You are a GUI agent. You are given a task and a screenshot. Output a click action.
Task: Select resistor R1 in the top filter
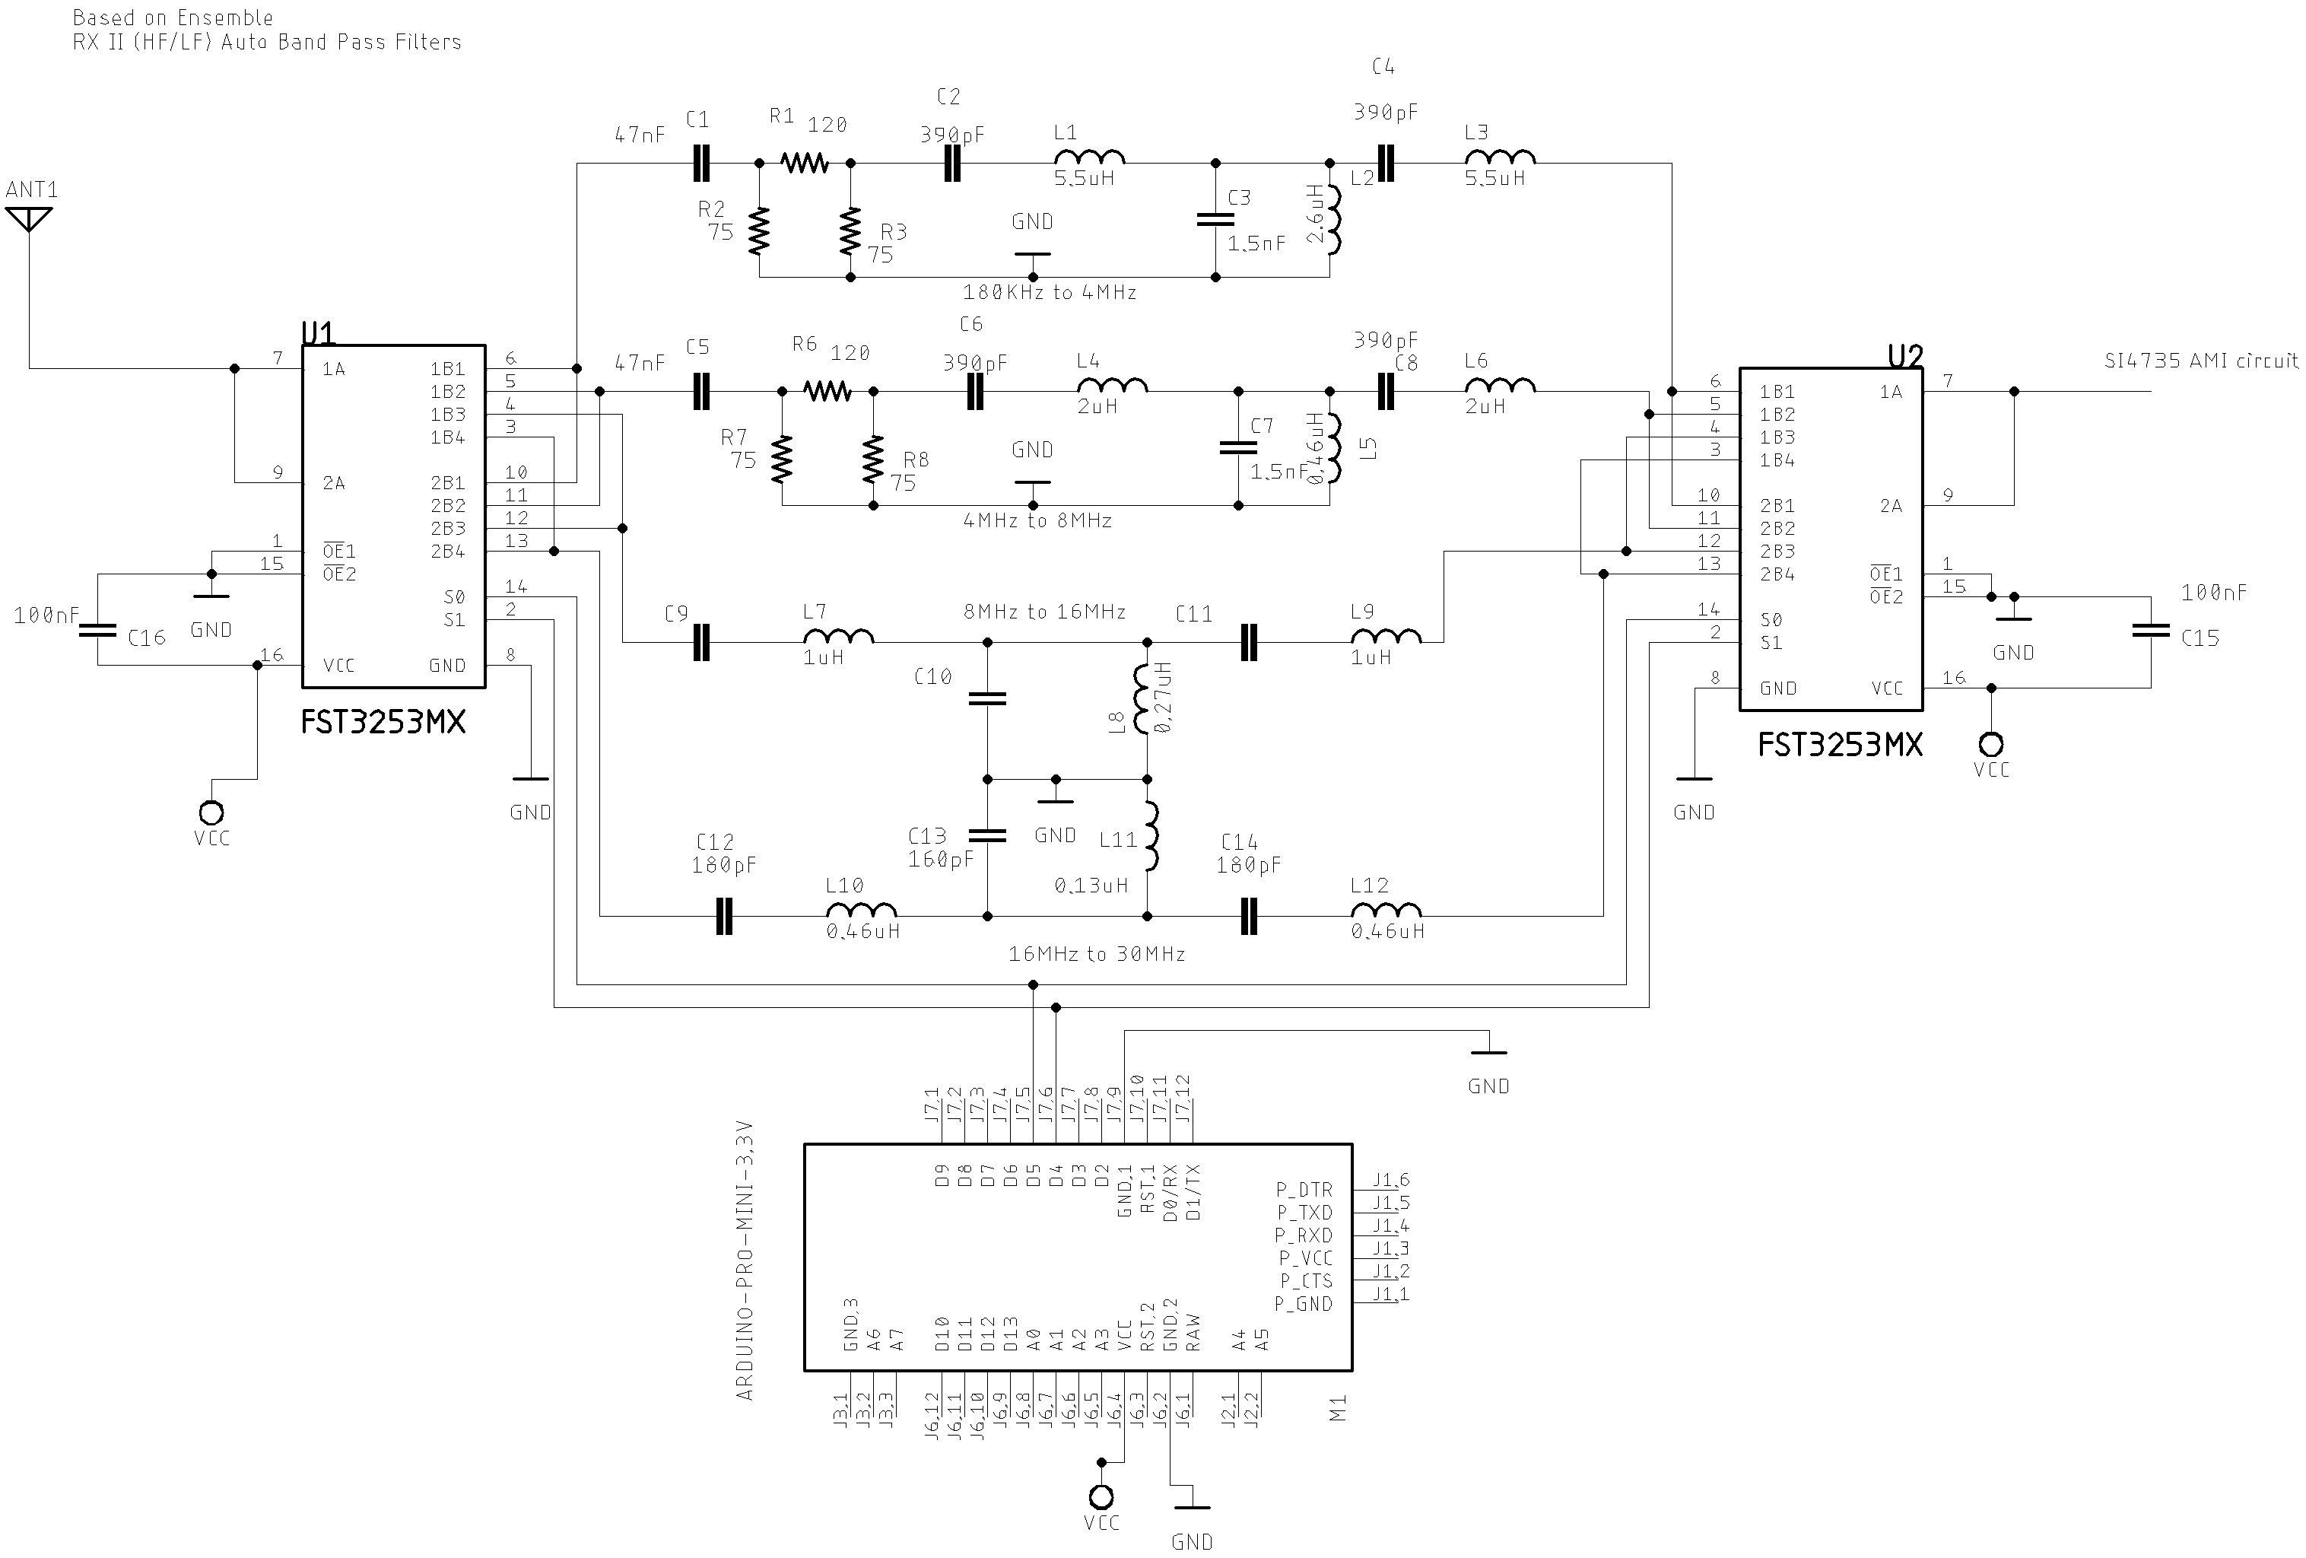click(x=804, y=162)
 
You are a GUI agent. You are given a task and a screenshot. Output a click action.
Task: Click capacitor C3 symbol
click(x=1215, y=219)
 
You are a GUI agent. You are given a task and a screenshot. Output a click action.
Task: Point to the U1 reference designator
click(x=319, y=332)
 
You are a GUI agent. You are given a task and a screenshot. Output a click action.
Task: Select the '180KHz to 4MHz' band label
click(x=1049, y=293)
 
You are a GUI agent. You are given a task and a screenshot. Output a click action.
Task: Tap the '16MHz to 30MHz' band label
click(x=1097, y=954)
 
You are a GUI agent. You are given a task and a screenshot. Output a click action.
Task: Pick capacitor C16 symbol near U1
click(x=97, y=629)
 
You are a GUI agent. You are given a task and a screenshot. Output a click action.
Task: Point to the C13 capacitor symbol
click(x=987, y=835)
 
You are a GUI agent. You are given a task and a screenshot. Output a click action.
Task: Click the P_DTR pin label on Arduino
click(x=1304, y=1189)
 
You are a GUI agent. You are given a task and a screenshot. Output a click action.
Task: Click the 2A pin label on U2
click(x=1891, y=506)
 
